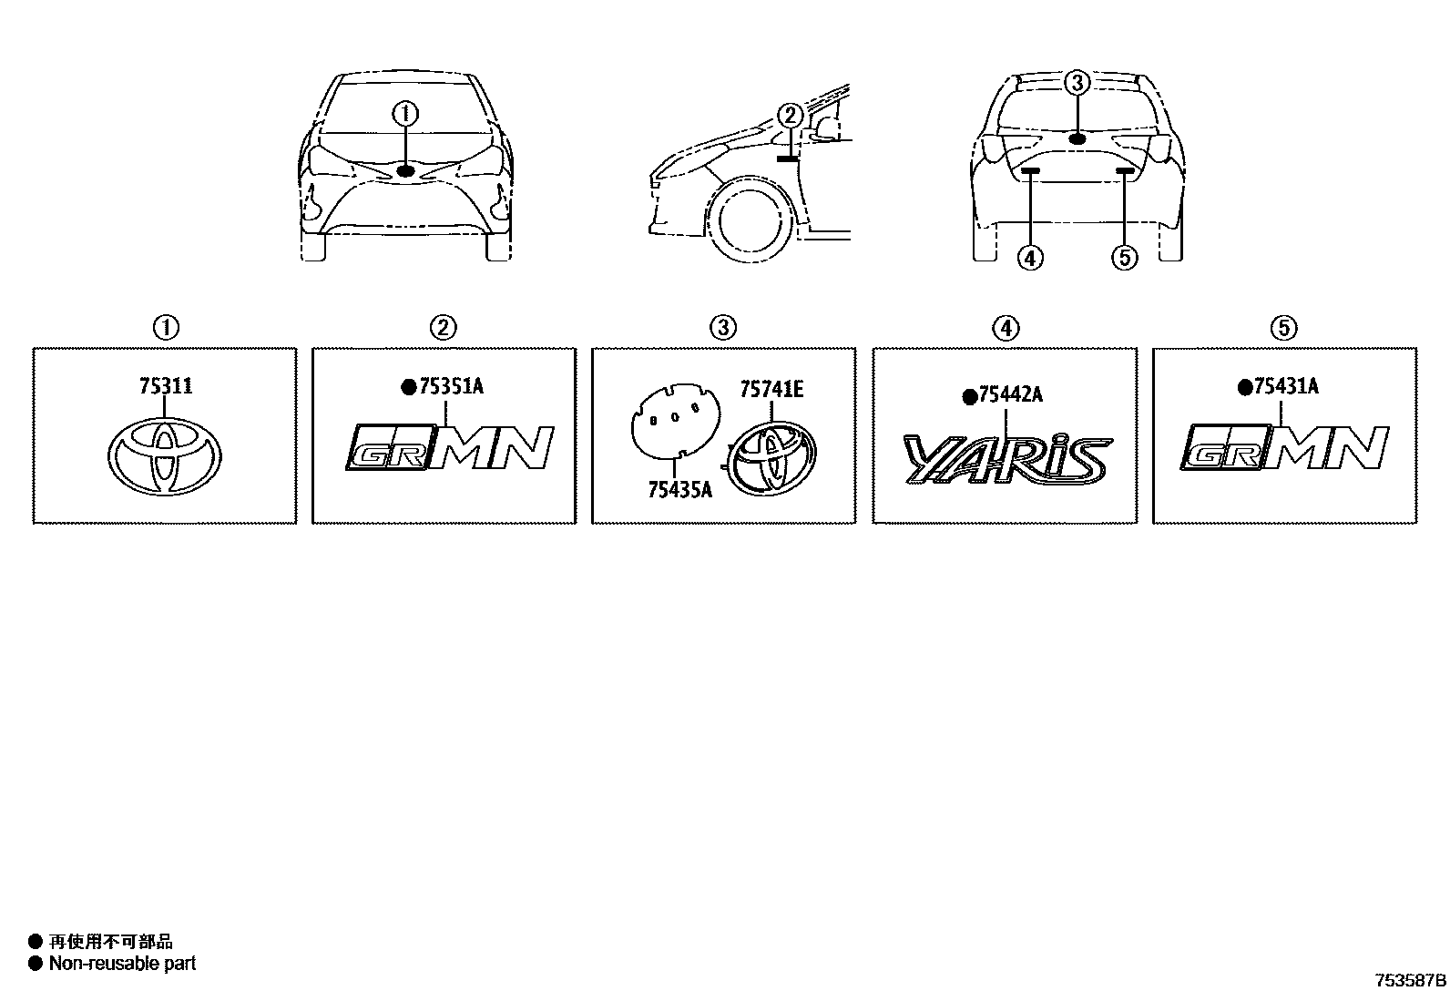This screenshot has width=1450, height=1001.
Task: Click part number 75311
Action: pyautogui.click(x=166, y=386)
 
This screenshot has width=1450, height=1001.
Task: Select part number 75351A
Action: pyautogui.click(x=451, y=386)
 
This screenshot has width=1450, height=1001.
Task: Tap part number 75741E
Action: pyautogui.click(x=771, y=390)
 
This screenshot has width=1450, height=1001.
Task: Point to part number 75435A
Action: pyautogui.click(x=679, y=490)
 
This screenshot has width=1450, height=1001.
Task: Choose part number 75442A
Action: pyautogui.click(x=1010, y=395)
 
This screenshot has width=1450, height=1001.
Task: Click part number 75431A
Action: pyautogui.click(x=1285, y=386)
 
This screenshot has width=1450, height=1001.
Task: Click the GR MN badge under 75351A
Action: pyautogui.click(x=449, y=448)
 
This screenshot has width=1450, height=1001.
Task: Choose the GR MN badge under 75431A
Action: pyautogui.click(x=1284, y=448)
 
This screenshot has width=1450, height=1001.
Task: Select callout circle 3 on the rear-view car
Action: pyautogui.click(x=1077, y=83)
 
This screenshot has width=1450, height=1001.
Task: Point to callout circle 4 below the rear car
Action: pyautogui.click(x=1030, y=259)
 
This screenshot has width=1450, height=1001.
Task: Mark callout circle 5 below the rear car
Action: pyautogui.click(x=1125, y=259)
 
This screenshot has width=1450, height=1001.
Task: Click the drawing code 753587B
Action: pyautogui.click(x=1410, y=981)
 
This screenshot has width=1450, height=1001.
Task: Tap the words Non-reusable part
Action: pyautogui.click(x=122, y=963)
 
